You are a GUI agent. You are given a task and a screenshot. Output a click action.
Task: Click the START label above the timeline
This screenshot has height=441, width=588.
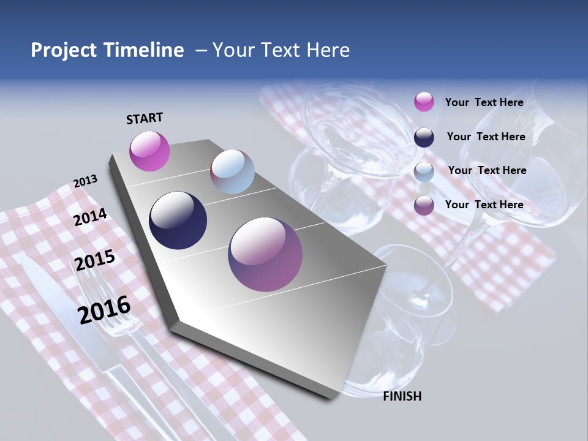click(x=145, y=118)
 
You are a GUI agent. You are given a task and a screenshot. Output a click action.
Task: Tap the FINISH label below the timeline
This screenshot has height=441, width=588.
click(x=402, y=396)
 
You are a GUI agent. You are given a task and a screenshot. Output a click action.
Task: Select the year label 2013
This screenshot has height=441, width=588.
click(x=85, y=181)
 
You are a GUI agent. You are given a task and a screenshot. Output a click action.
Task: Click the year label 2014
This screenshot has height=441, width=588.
click(x=90, y=217)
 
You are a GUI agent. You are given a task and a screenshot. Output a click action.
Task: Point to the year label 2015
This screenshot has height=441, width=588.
click(x=94, y=260)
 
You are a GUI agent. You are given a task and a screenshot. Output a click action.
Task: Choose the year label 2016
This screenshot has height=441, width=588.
click(x=104, y=309)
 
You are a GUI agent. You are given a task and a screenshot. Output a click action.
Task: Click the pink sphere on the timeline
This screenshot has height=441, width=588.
click(x=149, y=151)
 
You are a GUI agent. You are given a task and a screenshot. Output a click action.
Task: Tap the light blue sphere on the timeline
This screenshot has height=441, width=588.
click(x=232, y=171)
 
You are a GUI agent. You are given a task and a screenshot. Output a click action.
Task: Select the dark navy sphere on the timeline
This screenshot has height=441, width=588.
click(x=178, y=221)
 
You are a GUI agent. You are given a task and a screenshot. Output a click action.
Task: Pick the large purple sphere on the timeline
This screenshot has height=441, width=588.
click(x=265, y=254)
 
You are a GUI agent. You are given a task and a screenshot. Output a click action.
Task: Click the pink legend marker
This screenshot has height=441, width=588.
click(x=424, y=102)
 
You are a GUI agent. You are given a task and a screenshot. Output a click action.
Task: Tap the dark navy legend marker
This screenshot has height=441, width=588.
click(x=424, y=137)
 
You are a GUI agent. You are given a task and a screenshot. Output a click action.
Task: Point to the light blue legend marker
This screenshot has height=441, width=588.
click(x=424, y=171)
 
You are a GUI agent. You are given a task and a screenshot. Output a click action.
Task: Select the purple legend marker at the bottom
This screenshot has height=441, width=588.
click(x=424, y=205)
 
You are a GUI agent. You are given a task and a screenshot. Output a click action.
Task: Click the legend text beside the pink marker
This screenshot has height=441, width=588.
click(x=484, y=102)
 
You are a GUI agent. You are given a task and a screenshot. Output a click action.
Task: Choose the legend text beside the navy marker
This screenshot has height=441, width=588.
click(x=486, y=137)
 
